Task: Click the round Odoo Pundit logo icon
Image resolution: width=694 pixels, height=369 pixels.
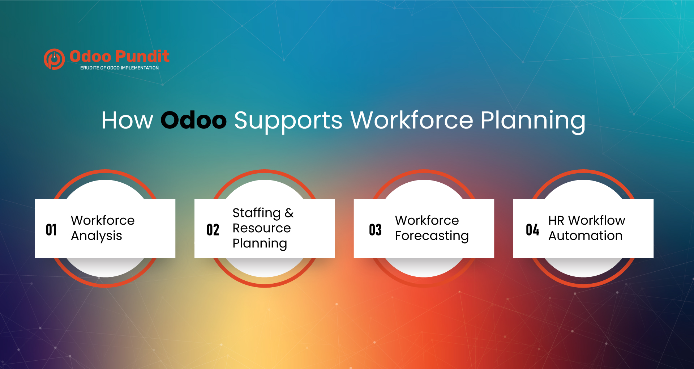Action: (54, 59)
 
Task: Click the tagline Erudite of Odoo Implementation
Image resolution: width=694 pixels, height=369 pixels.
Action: (119, 68)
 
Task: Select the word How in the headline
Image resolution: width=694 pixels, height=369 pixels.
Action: (127, 120)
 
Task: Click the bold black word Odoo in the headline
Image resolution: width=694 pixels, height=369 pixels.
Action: (193, 120)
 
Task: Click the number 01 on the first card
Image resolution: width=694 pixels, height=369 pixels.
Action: (51, 230)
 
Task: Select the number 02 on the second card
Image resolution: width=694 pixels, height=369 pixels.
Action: (213, 230)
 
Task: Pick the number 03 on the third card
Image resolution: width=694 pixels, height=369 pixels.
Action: (375, 230)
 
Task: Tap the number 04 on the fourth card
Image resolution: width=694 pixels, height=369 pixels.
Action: (532, 230)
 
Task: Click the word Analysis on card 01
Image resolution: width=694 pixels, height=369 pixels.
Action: (97, 236)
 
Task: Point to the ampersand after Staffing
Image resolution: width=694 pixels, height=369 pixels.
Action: (289, 213)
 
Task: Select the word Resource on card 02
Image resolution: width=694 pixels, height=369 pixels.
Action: (262, 228)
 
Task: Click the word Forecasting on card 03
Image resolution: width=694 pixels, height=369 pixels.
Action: (432, 236)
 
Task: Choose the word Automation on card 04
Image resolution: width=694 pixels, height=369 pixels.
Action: (586, 236)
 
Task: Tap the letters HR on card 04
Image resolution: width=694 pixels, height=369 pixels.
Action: (556, 220)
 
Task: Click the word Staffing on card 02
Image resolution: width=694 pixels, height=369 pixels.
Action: (257, 213)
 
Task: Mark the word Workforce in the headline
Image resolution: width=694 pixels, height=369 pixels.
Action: (412, 120)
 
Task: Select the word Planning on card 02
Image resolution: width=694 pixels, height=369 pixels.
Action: (260, 244)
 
